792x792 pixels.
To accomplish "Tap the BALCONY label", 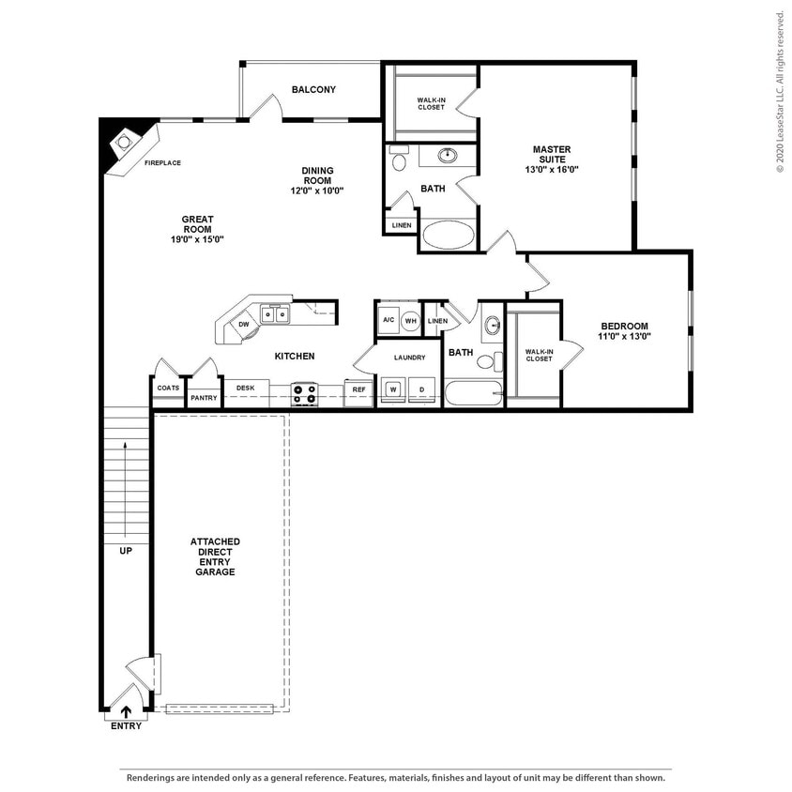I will tap(313, 90).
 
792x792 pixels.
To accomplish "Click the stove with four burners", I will tap(305, 394).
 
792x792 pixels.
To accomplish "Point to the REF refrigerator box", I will tap(358, 389).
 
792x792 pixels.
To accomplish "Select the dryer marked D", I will tap(422, 389).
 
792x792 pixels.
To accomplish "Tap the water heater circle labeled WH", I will tap(410, 320).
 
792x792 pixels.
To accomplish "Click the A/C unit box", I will tap(388, 320).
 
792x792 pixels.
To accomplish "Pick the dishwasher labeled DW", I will tap(243, 325).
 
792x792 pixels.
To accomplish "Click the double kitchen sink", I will tap(274, 314).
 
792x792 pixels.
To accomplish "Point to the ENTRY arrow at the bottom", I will tap(127, 712).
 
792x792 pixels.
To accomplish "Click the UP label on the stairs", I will tap(125, 551).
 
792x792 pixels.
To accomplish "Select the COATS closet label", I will tap(168, 388).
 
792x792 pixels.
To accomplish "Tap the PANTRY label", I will tap(204, 398).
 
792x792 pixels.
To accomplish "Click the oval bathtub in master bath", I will tap(449, 235).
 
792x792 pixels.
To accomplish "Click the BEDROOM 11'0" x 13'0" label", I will tap(626, 331).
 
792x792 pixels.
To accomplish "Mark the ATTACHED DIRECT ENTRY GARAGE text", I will tap(215, 556).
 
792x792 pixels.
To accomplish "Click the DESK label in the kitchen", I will tap(246, 388).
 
